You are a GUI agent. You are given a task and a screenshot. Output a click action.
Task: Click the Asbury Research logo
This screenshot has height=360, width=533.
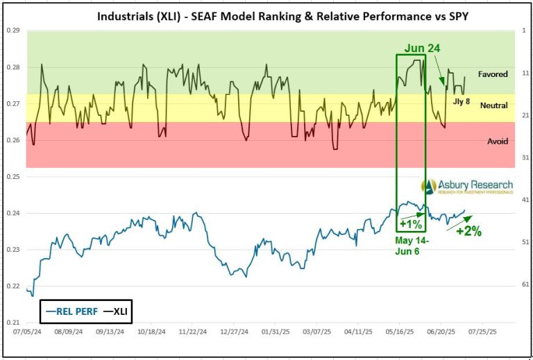point(467,186)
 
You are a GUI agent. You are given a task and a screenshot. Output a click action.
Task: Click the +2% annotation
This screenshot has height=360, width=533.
point(469,231)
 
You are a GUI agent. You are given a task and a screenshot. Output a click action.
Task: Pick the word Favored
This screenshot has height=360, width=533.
point(493,74)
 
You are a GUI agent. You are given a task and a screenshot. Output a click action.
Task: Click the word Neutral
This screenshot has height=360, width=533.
point(494,106)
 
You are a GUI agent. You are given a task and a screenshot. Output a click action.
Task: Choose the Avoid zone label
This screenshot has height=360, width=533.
point(497,142)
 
